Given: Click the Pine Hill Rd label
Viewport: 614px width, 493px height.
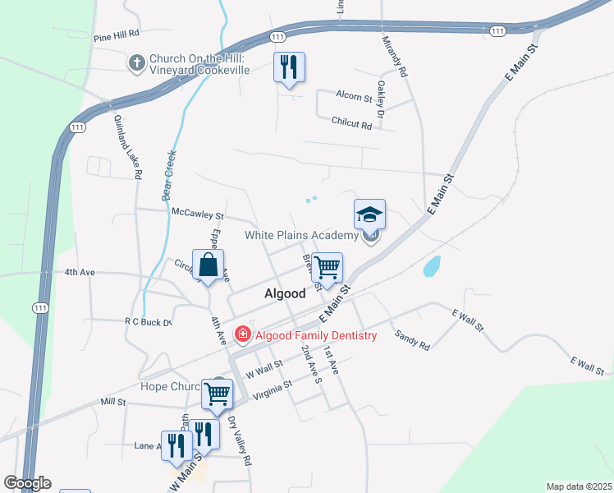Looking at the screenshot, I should tap(117, 37).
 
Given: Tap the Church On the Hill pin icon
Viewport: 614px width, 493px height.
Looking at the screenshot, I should tap(136, 62).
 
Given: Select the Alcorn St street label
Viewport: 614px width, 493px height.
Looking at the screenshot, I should tap(354, 96).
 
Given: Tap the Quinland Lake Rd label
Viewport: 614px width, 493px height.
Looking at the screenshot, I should tap(127, 146).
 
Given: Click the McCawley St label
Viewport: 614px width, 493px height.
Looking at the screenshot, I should tap(197, 213).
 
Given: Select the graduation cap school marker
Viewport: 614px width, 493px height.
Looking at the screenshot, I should tap(369, 215).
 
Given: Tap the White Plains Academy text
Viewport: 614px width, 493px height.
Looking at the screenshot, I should tap(301, 236).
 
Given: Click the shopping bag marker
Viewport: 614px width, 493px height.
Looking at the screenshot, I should tap(209, 265).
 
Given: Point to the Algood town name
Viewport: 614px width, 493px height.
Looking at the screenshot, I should tap(285, 293).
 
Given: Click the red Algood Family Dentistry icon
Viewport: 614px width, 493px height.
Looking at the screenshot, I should tap(243, 335).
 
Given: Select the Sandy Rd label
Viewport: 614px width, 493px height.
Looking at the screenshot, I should tap(412, 341).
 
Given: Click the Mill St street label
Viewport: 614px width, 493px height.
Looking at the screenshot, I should tap(112, 402).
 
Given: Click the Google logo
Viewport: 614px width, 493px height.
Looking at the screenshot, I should tap(27, 483).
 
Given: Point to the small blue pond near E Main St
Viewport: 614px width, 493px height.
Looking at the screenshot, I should tap(431, 267).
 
